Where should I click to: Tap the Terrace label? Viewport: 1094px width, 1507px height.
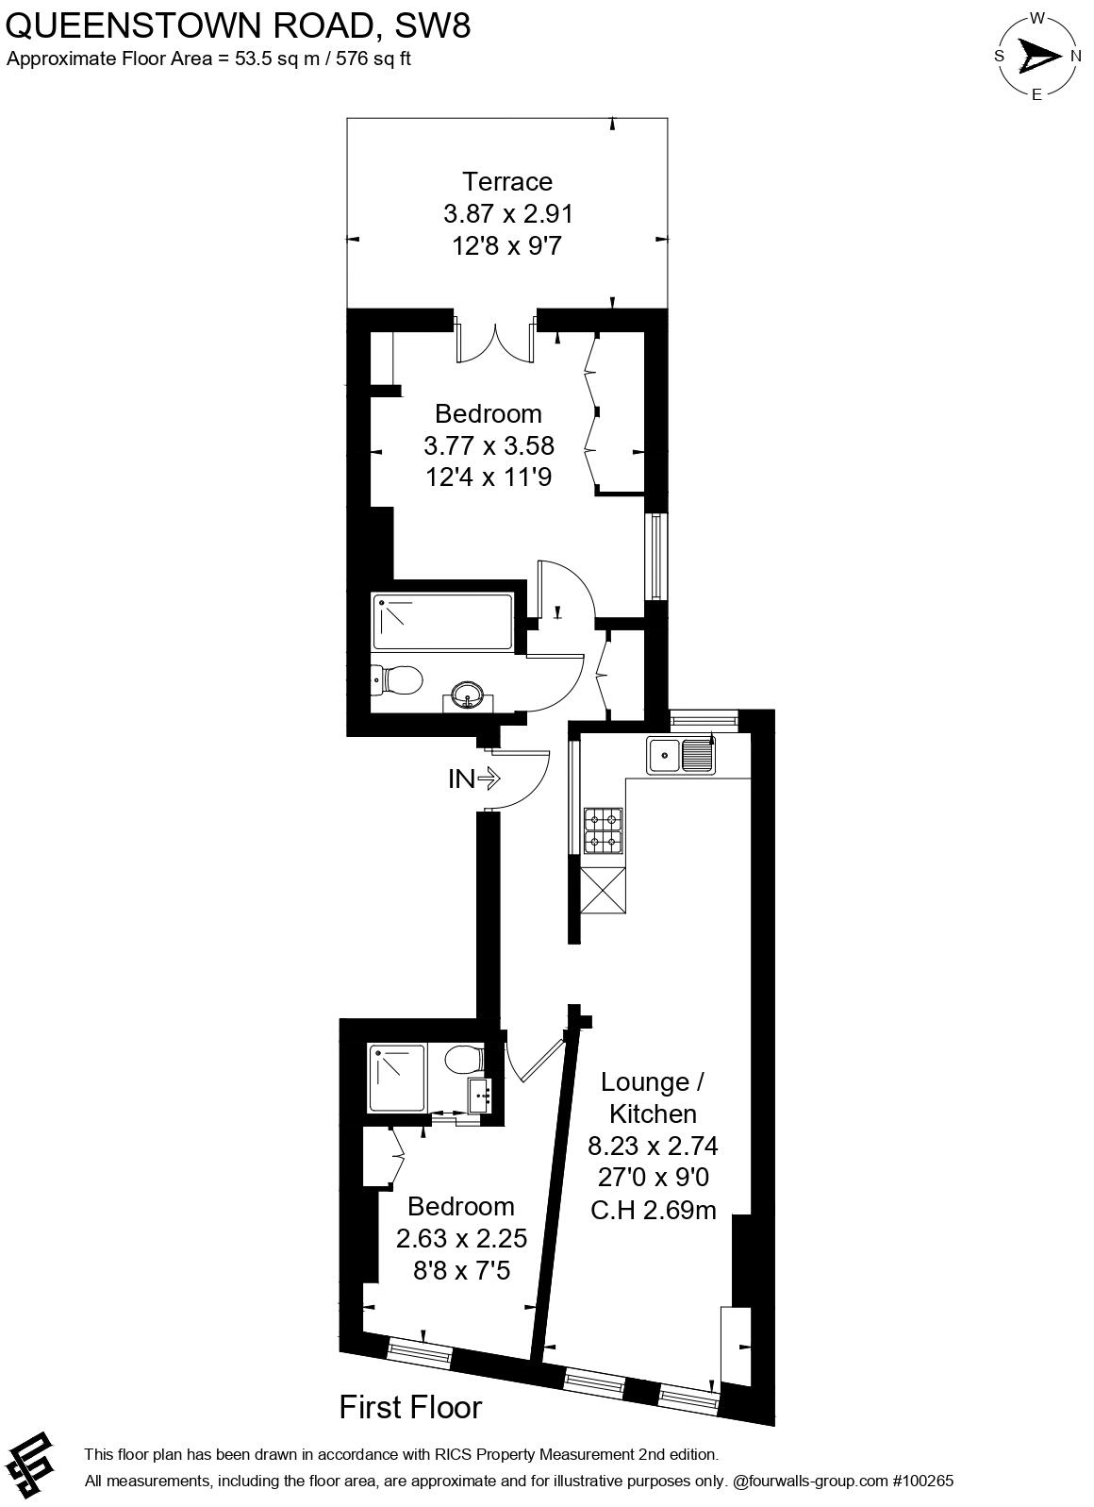pyautogui.click(x=507, y=181)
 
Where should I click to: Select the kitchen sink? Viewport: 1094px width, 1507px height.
pyautogui.click(x=680, y=755)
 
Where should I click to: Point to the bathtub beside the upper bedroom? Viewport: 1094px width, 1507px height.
pyautogui.click(x=442, y=622)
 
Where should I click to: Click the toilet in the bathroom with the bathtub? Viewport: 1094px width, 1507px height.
pyautogui.click(x=397, y=678)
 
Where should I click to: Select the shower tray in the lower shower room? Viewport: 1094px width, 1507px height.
pyautogui.click(x=397, y=1078)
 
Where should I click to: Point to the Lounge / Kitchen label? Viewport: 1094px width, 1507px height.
pyautogui.click(x=652, y=1097)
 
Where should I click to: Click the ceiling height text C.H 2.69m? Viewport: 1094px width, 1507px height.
pyautogui.click(x=654, y=1210)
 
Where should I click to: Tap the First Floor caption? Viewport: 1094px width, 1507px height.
pyautogui.click(x=410, y=1407)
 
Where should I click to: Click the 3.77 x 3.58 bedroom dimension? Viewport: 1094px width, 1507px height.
pyautogui.click(x=489, y=445)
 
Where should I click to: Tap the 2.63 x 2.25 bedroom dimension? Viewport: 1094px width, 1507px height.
pyautogui.click(x=461, y=1238)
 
